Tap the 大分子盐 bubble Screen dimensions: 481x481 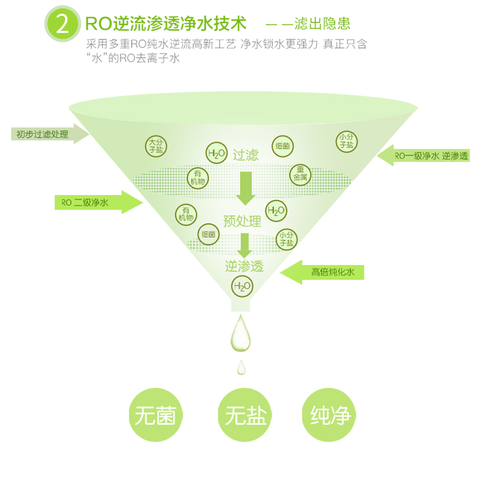tap(156, 146)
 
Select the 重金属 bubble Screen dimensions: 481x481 tap(300, 175)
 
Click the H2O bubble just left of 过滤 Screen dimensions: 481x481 tap(216, 153)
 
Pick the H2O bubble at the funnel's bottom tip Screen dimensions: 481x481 tap(242, 286)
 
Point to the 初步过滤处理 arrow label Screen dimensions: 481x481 tap(47, 134)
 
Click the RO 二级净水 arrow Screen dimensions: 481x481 tap(97, 202)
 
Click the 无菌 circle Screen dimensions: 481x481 tap(156, 415)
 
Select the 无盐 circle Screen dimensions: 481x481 tap(245, 415)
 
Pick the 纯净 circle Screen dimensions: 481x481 tap(329, 415)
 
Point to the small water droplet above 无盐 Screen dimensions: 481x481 tap(241, 367)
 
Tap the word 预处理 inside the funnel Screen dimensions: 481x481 tap(242, 221)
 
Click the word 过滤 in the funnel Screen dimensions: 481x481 tap(246, 155)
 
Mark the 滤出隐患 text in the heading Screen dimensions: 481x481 tap(322, 24)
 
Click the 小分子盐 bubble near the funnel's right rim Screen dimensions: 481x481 tap(346, 141)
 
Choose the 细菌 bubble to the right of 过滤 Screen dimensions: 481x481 tap(283, 146)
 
